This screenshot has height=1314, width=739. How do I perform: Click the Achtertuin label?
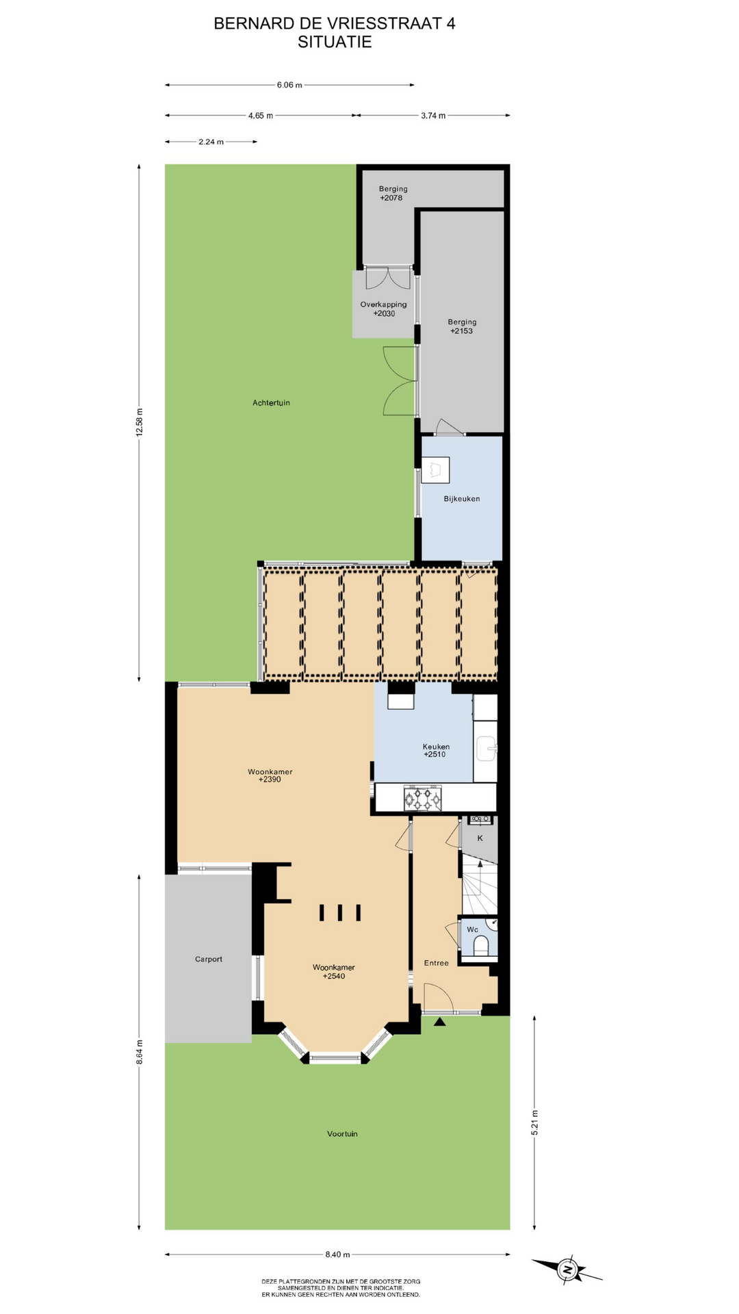coord(271,403)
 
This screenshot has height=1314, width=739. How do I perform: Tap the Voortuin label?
coord(342,1134)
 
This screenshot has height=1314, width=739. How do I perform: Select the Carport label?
coord(209,959)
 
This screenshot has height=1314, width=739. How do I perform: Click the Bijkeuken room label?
coord(462,499)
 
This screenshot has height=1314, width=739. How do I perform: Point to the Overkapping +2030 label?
coord(384,309)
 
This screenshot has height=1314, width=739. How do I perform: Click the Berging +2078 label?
coord(393,194)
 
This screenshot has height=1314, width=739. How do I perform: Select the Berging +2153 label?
coord(462,326)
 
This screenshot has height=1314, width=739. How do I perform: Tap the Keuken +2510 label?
coord(436,751)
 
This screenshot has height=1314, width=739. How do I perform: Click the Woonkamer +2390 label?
coord(270,775)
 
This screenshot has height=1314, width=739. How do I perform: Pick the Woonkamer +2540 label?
coord(334,972)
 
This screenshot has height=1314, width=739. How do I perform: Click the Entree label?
coord(437,963)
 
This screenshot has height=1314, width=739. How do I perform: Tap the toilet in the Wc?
coord(481,946)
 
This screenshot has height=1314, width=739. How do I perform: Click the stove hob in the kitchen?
coord(422,798)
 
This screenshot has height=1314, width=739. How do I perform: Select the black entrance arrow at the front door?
coord(440,1021)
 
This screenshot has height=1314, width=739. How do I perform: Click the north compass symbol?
coord(567,1270)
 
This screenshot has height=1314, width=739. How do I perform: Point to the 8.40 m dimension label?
coord(337,1254)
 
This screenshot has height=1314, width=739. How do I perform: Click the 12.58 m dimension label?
coord(140,422)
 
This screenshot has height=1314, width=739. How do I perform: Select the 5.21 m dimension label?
coord(535,1122)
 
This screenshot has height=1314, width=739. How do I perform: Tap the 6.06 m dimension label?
coord(289,85)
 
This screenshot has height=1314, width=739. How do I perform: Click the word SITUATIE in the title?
coord(335,42)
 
